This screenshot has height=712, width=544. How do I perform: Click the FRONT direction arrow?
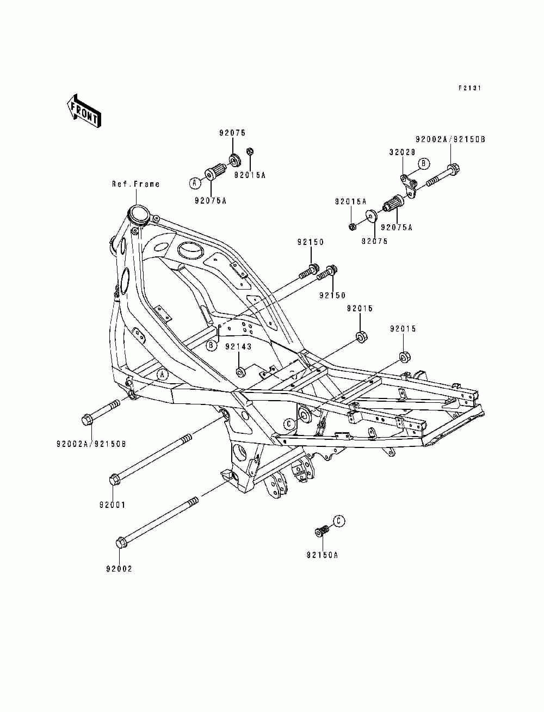point(84,111)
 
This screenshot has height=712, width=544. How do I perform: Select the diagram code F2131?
point(469,88)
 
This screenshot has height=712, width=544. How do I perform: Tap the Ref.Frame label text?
point(136,184)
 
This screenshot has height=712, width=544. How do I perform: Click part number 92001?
point(112,505)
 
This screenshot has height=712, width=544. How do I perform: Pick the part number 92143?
point(239,347)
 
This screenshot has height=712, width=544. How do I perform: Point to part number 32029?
point(403,152)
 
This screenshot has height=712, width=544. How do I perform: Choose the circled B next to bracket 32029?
point(423,163)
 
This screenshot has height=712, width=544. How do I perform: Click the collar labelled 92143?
point(240,372)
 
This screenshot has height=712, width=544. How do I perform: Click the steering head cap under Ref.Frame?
point(139,214)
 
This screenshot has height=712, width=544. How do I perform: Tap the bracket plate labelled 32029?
point(408,187)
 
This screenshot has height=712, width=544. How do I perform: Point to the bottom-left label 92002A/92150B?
point(91,444)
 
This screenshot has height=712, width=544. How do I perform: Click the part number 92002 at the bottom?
point(119,569)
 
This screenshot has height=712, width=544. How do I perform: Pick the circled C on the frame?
point(289,423)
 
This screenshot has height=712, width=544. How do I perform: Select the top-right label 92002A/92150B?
point(450,139)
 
